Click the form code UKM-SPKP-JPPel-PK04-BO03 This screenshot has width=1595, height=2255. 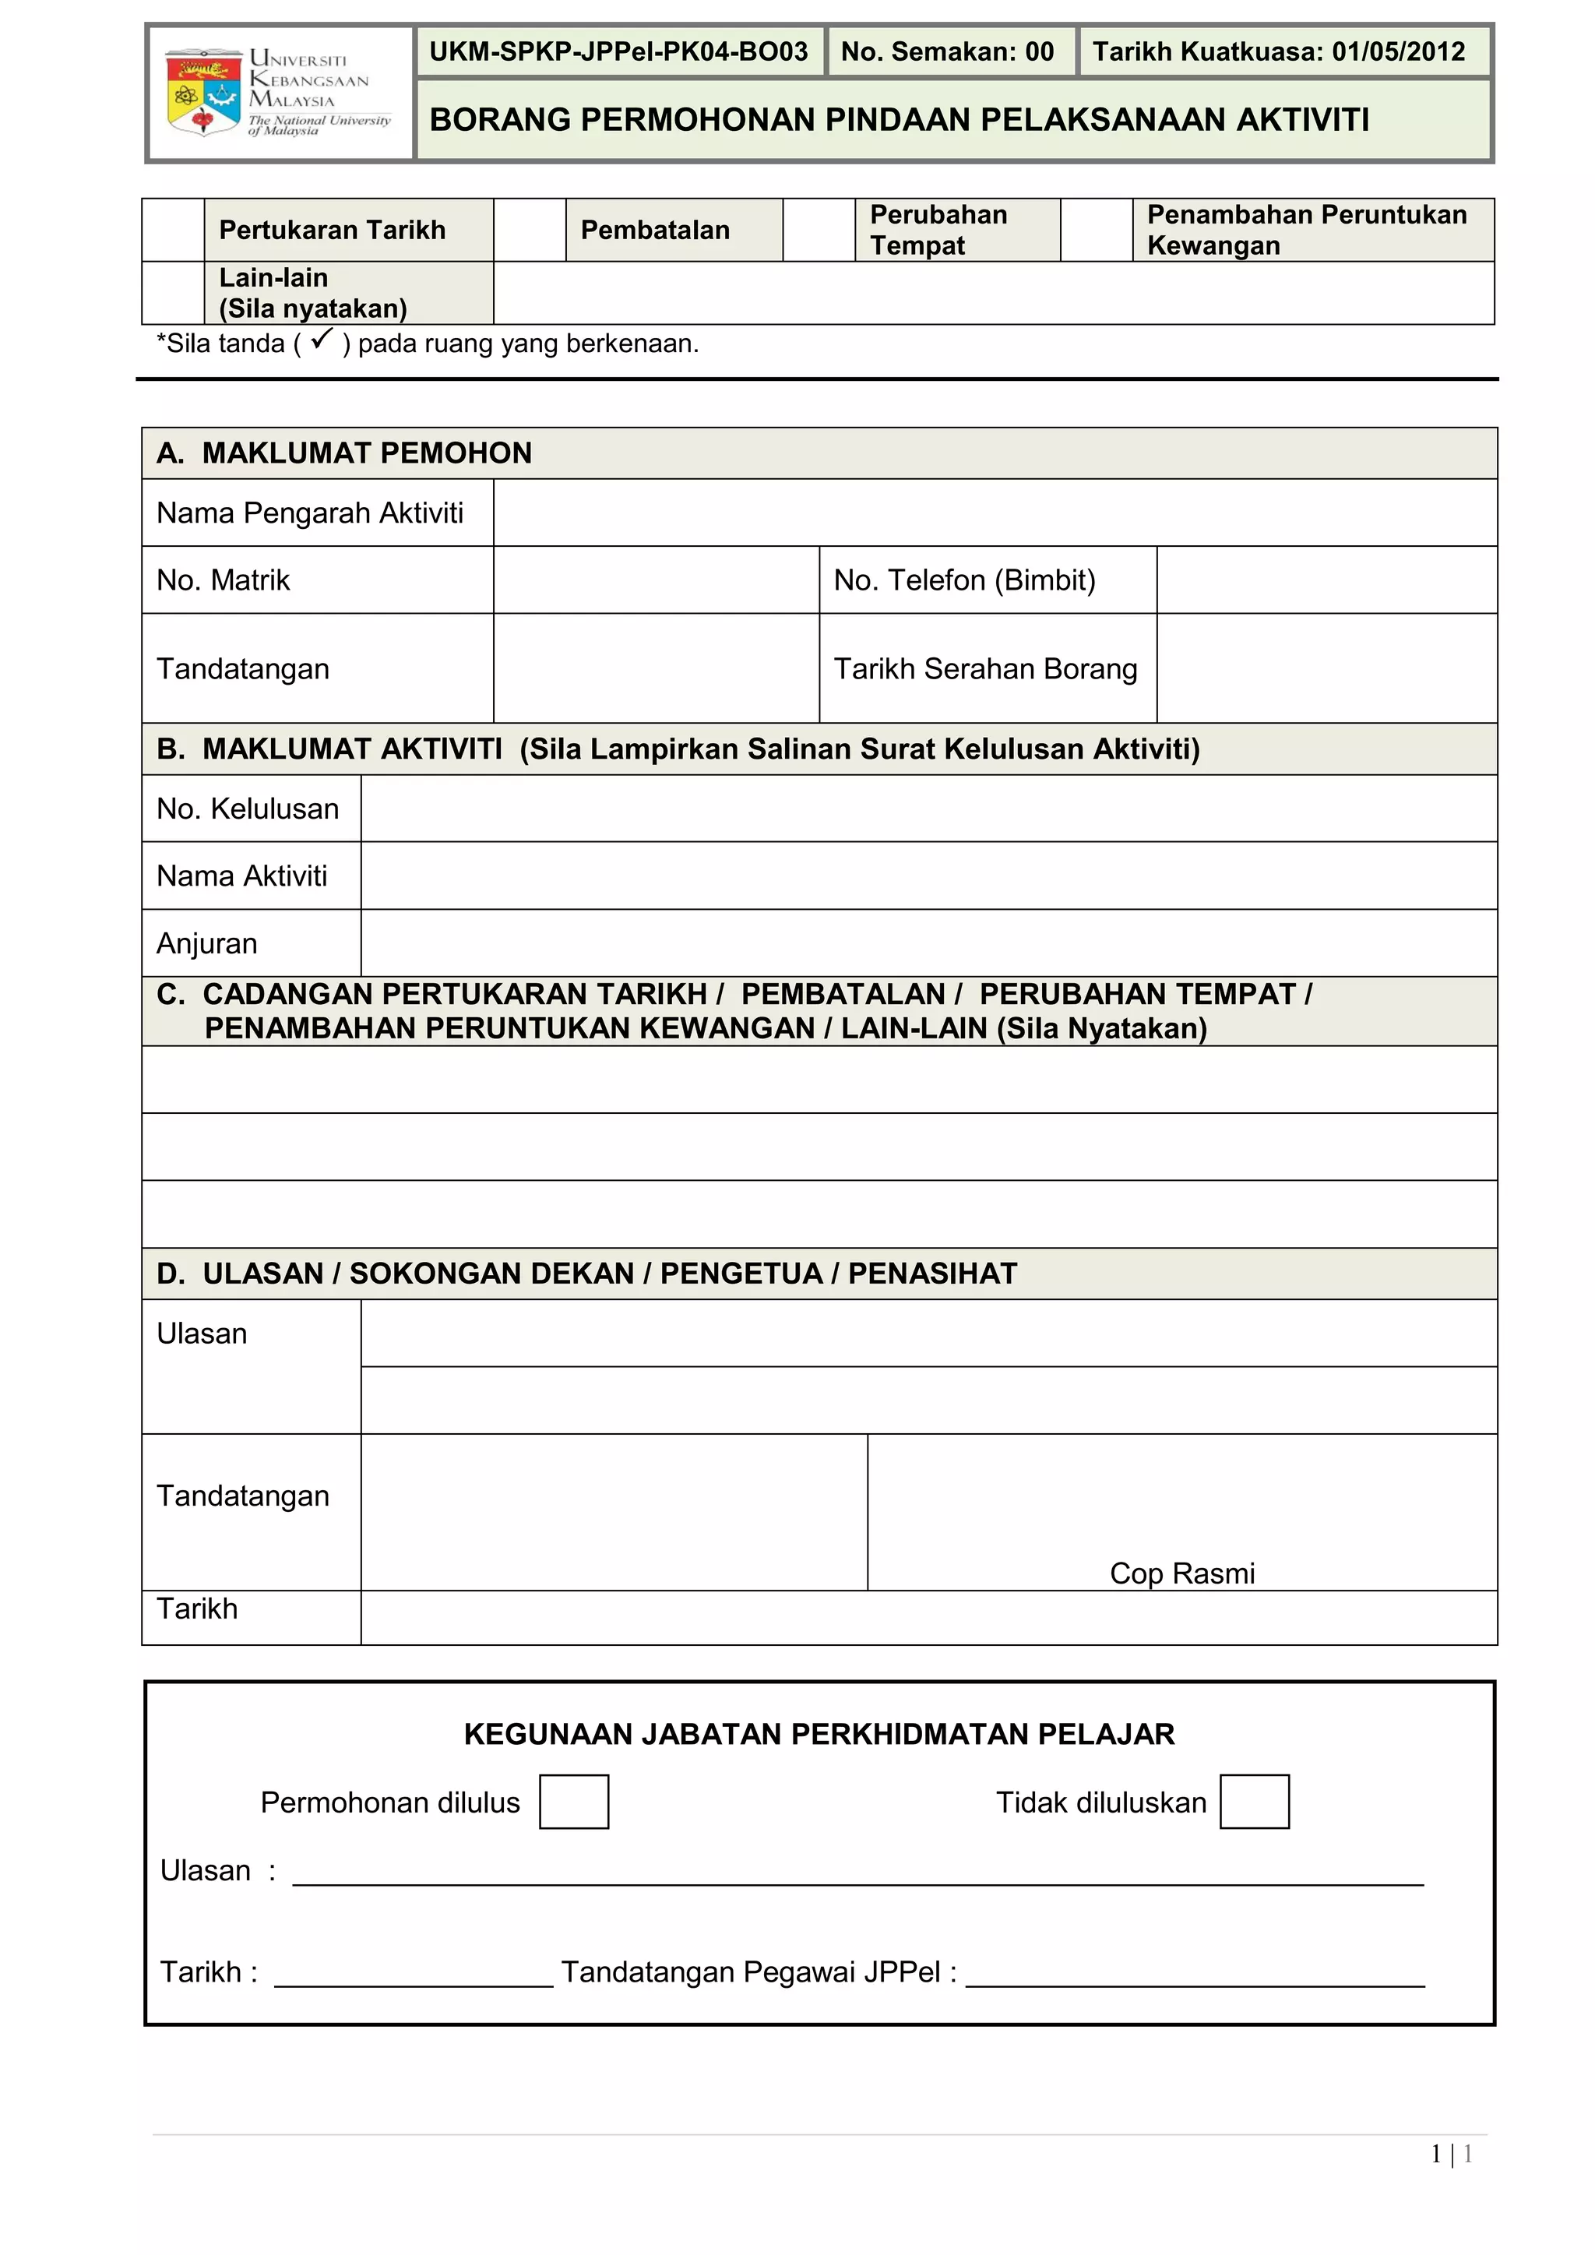[618, 52]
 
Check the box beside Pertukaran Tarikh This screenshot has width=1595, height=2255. [173, 230]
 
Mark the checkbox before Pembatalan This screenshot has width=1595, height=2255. [530, 230]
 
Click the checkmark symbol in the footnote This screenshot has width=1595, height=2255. [321, 341]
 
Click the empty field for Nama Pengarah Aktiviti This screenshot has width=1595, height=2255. [994, 513]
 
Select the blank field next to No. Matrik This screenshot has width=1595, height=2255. [655, 580]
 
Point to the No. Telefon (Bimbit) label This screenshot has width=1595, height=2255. [964, 580]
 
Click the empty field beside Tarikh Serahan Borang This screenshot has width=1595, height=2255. [1326, 669]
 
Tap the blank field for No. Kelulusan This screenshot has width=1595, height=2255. [928, 809]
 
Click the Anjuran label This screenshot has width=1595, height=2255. [207, 944]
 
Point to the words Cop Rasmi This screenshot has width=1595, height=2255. [1181, 1573]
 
